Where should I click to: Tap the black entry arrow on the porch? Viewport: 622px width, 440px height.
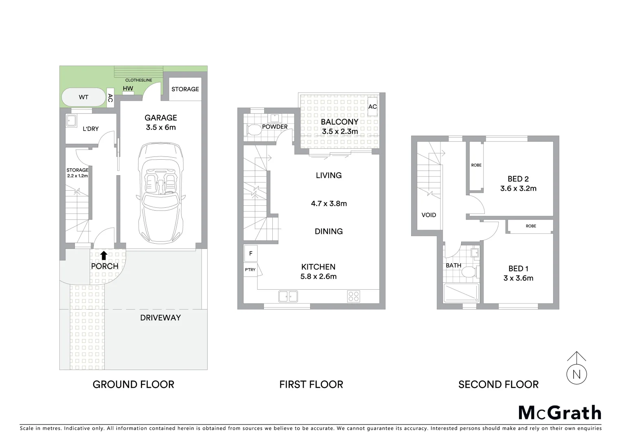104,255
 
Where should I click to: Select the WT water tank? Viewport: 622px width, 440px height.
83,97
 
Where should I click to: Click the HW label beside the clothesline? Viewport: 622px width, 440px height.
128,88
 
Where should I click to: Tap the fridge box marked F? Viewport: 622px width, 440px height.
251,253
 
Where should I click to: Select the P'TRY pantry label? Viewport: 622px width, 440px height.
250,270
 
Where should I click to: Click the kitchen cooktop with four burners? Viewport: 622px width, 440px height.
353,296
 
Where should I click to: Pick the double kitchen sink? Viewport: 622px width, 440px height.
288,296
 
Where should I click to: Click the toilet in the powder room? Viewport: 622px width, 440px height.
254,130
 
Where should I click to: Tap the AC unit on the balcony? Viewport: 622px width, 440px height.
372,107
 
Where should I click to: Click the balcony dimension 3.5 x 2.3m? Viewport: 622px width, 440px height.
340,132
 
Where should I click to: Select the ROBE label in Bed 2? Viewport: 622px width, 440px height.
476,165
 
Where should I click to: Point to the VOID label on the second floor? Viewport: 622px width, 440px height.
429,215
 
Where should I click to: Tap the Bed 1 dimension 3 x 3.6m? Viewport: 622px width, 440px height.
518,278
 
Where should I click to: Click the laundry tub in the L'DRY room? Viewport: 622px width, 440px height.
72,121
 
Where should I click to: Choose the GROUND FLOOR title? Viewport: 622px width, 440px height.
134,384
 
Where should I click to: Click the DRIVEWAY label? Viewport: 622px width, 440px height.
160,318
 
